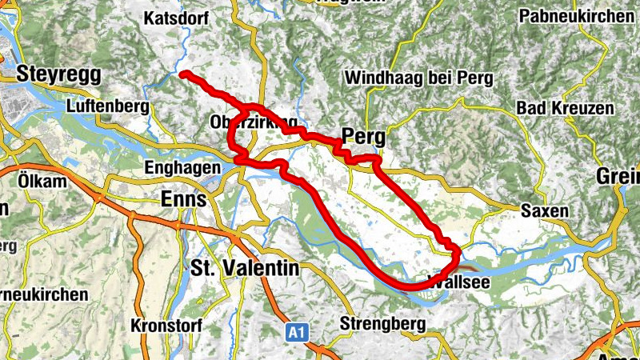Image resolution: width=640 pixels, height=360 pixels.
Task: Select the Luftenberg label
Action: (110, 106)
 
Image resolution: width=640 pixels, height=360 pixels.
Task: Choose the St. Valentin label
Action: (245, 268)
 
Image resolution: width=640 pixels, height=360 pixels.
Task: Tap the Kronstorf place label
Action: (163, 326)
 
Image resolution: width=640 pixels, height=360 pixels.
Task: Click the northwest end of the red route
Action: (183, 74)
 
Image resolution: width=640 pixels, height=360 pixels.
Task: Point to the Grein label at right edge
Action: (619, 177)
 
